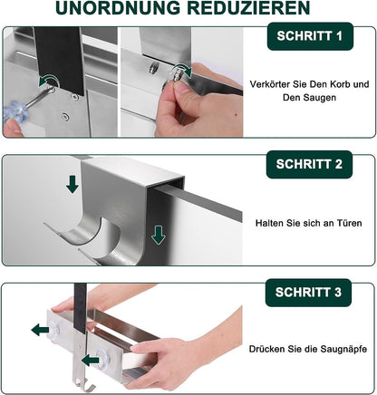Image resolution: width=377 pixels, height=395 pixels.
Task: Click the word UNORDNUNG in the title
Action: point(118,8)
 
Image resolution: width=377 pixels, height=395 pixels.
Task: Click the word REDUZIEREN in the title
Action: point(248,8)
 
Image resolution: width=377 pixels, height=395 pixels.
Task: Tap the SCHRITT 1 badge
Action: point(310,36)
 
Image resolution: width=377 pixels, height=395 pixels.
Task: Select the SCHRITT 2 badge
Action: point(309,164)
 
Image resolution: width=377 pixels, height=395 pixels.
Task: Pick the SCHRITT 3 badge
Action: point(308,293)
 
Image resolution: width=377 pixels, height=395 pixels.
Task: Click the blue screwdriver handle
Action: point(15,111)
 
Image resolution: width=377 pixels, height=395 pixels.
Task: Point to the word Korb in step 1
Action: point(337,84)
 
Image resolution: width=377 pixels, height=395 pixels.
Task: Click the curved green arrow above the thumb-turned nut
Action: point(182,71)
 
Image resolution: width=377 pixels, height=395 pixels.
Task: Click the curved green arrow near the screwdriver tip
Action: point(48,81)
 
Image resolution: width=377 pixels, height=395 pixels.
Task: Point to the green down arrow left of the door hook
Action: point(72,185)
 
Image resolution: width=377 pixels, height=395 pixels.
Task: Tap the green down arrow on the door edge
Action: point(159,236)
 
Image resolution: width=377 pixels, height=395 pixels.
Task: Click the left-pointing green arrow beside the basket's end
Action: point(40,330)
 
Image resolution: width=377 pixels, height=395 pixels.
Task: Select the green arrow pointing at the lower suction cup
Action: point(91,360)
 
